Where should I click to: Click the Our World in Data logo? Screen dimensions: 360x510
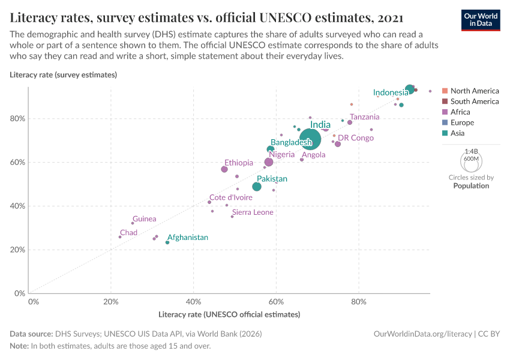[480, 19]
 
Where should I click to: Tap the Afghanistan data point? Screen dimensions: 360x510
[167, 242]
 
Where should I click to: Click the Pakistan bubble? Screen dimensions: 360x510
[257, 187]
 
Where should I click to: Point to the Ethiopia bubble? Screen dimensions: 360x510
[224, 169]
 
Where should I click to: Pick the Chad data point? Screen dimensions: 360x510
[120, 237]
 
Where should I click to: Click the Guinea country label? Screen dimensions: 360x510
[145, 219]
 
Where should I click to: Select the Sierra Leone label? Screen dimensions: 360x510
[253, 212]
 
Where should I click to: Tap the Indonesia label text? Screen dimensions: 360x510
[391, 92]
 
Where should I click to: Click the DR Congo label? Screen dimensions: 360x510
[356, 138]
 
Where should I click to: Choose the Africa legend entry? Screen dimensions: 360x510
[460, 112]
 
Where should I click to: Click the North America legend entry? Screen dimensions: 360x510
[474, 91]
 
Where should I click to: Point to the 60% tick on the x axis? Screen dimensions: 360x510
[276, 301]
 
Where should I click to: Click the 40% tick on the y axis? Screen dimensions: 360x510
[18, 206]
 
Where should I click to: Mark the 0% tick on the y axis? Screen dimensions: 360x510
[20, 293]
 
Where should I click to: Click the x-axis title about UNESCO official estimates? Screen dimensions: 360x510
[229, 314]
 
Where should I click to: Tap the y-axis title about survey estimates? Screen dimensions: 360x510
[63, 75]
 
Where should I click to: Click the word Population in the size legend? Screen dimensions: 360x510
[471, 186]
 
